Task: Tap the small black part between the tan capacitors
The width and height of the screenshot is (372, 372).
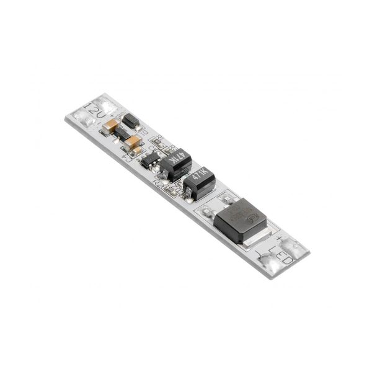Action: (123, 135)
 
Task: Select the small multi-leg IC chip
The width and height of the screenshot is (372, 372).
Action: (149, 161)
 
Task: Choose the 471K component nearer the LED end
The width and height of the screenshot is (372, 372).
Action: (200, 181)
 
